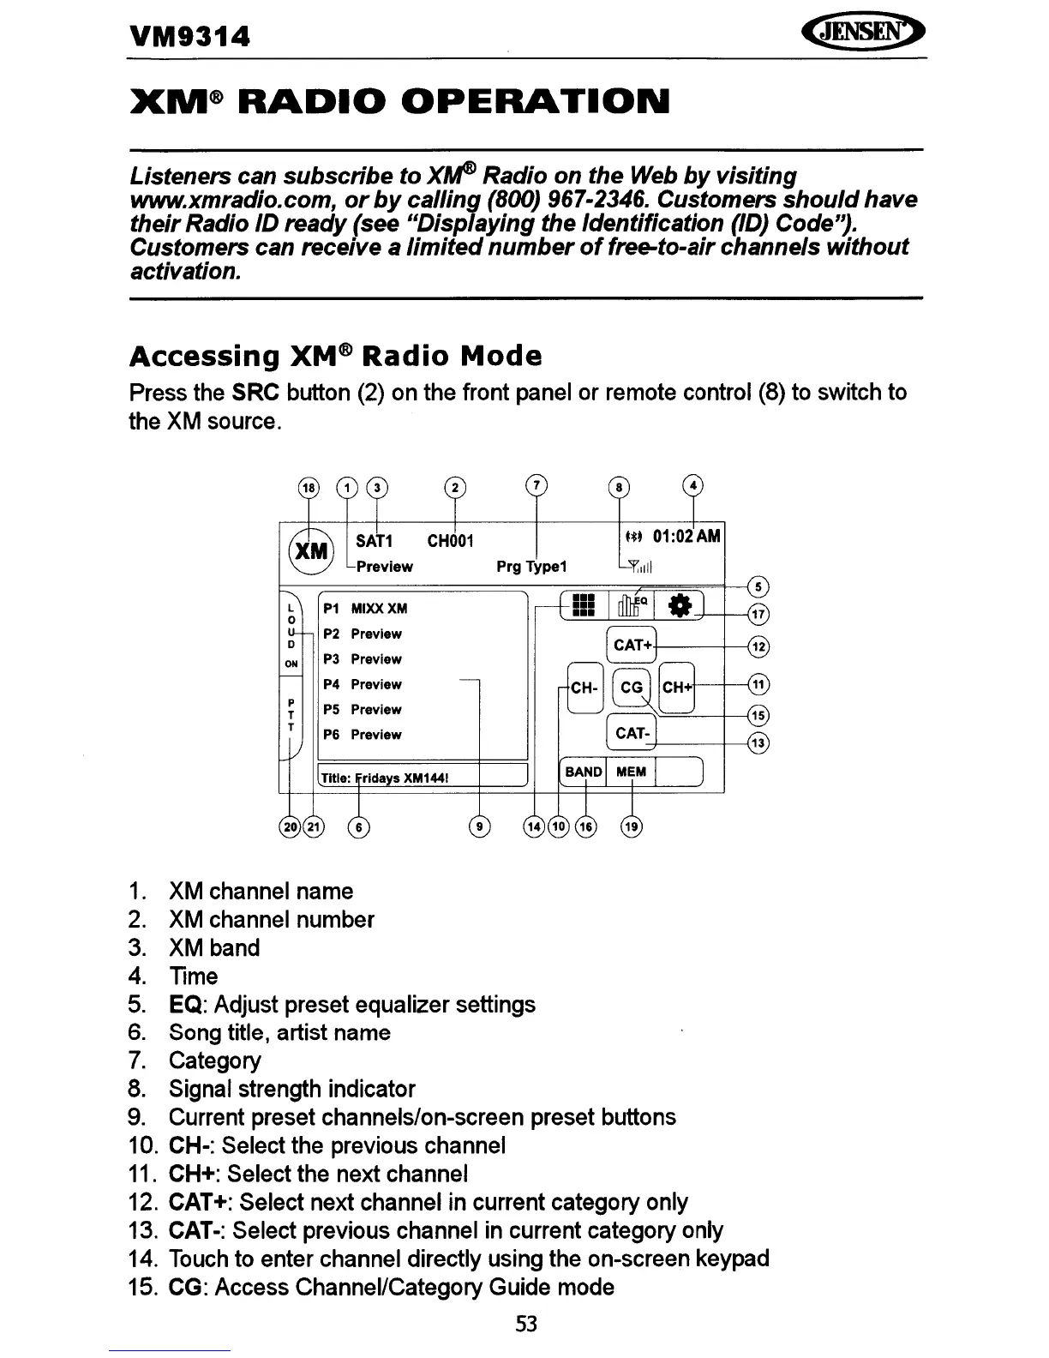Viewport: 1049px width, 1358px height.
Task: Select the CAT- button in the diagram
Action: tap(631, 733)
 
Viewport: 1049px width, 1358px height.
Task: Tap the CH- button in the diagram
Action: tap(584, 688)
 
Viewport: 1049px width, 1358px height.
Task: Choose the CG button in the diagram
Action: tap(632, 688)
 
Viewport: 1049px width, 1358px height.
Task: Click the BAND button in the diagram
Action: tap(583, 772)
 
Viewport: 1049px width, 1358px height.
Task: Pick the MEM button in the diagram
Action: tap(631, 772)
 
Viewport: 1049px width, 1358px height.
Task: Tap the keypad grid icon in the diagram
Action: tap(583, 605)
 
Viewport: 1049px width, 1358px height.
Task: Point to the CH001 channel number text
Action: tap(450, 541)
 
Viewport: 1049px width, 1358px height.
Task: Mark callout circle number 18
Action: tap(307, 488)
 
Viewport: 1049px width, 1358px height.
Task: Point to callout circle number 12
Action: tap(758, 646)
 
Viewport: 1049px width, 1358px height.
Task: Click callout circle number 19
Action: tap(632, 826)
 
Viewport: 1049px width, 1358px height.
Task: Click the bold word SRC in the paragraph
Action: tap(256, 393)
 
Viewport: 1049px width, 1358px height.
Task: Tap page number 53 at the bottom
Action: tap(526, 1324)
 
